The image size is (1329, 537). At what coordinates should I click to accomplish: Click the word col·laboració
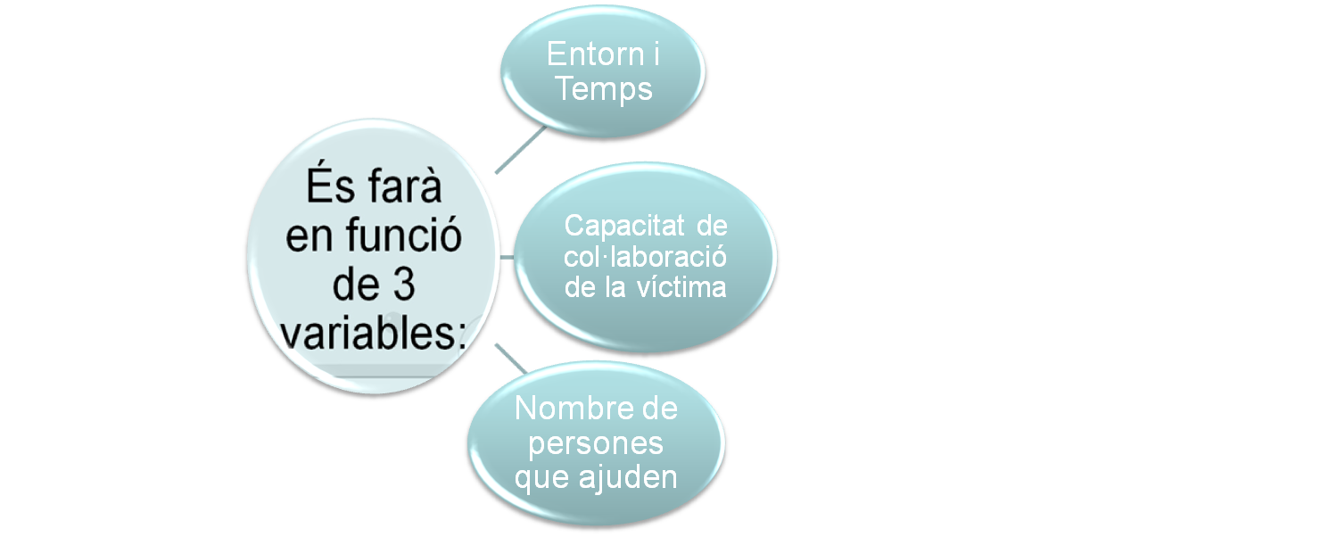coord(646,257)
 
